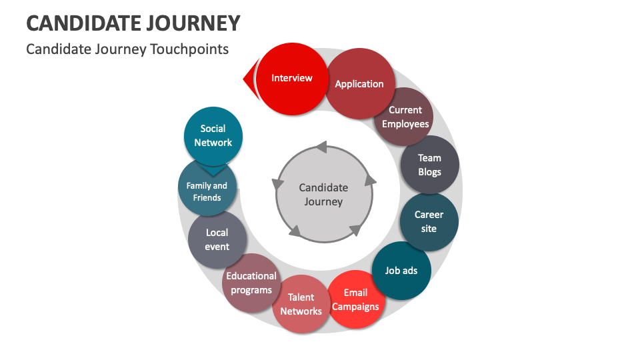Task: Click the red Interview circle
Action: coord(292,79)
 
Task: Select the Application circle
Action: coord(360,84)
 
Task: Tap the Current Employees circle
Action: coord(404,117)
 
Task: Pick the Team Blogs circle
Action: coord(430,165)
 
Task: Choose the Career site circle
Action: coord(429,221)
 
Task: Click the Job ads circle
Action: coord(401,271)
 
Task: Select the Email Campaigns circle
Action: coord(356,299)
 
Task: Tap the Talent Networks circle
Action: coord(301,304)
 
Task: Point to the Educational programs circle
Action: coord(251,283)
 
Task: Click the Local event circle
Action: coord(217,239)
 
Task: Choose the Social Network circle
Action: coord(213,136)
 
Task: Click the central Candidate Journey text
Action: coord(324,195)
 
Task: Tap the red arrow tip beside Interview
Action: coord(244,79)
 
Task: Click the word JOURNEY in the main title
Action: coord(193,23)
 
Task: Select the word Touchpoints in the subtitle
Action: coord(189,49)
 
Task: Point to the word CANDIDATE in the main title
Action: coord(84,23)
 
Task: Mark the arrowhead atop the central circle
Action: coord(321,147)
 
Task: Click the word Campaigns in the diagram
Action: coord(355,307)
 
